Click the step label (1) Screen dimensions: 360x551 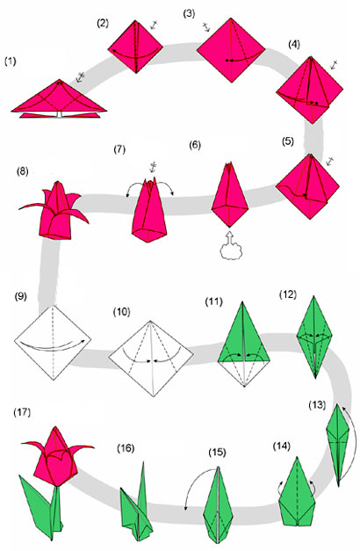coord(11,62)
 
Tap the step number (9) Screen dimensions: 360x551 coord(21,296)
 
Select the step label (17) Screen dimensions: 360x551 coord(22,412)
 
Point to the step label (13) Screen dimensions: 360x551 coord(317,405)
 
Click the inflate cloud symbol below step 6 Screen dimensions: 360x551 coord(229,246)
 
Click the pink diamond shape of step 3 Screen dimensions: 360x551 coord(231,50)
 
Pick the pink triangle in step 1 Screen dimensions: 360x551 coord(59,96)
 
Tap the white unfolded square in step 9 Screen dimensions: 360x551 coord(53,342)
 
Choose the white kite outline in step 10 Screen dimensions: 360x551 coord(151,359)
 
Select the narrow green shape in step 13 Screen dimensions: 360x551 coord(338,444)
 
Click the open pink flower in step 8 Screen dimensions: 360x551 coord(54,212)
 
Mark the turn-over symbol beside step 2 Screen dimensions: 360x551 coord(154,25)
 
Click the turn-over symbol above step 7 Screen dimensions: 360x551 coord(153,166)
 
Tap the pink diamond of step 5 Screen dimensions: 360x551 coord(307,186)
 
